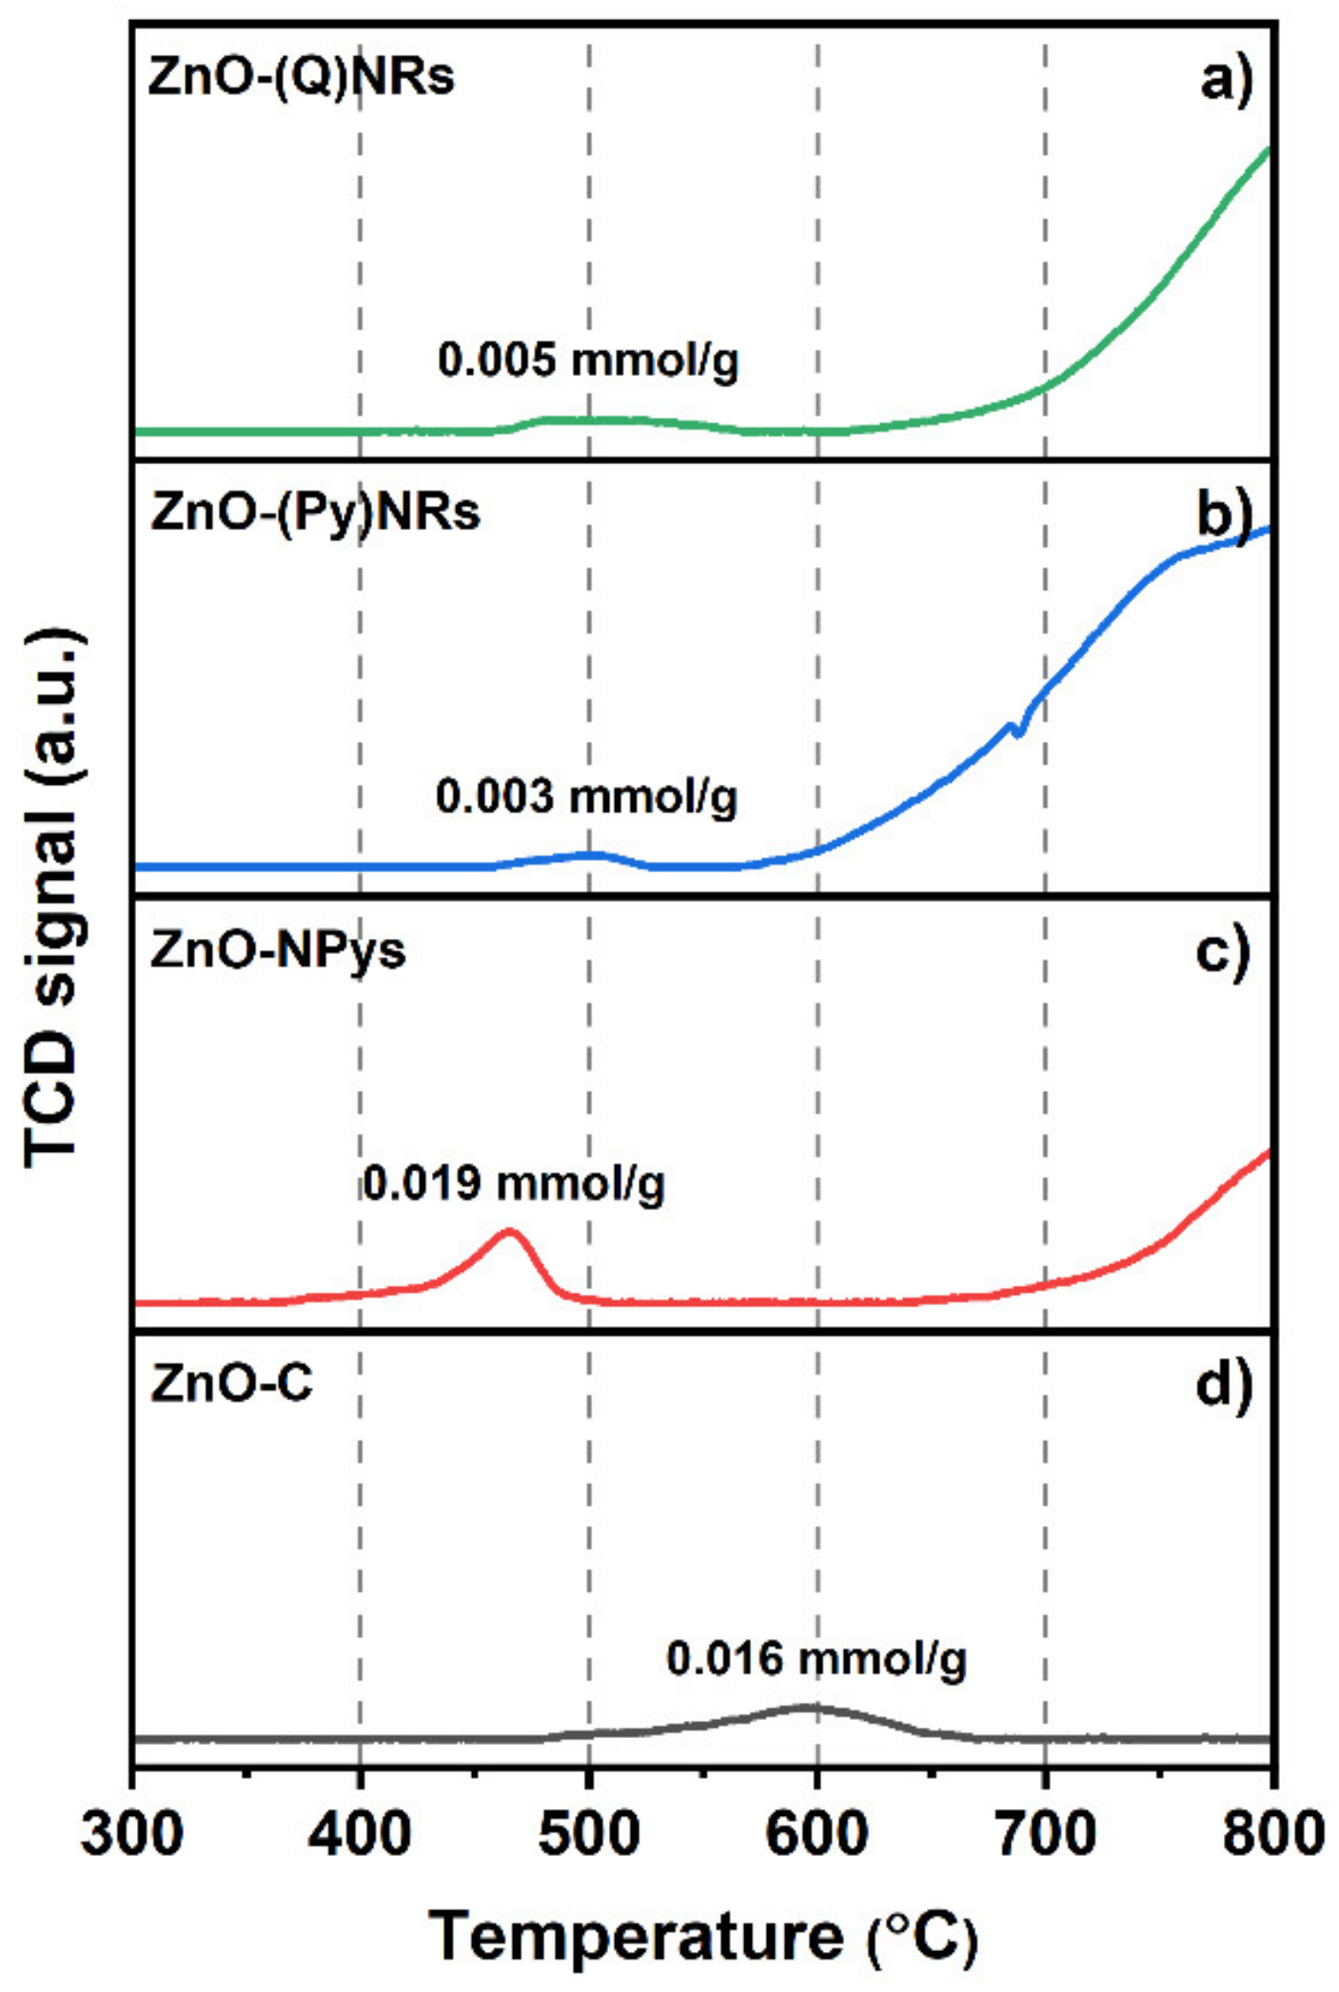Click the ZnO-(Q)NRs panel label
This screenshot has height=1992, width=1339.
(x=301, y=77)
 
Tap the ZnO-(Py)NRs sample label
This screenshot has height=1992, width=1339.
(x=315, y=514)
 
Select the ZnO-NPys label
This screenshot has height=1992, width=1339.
(x=277, y=949)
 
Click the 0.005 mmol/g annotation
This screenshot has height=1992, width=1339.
(x=587, y=361)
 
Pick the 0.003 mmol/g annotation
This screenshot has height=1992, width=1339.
(x=586, y=796)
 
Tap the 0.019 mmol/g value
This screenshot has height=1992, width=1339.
(x=513, y=1183)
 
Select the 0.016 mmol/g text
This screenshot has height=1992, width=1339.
(x=816, y=1659)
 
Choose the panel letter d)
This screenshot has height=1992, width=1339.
(x=1224, y=1385)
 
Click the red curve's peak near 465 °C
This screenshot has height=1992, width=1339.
(x=510, y=1232)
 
